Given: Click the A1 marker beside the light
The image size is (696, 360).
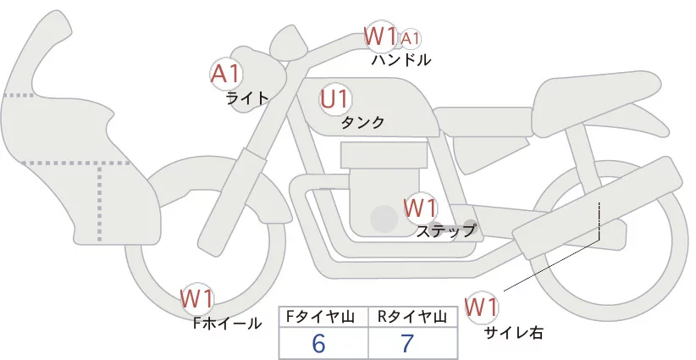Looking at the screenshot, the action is pyautogui.click(x=226, y=74).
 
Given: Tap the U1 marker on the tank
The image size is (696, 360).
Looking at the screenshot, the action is pyautogui.click(x=335, y=99).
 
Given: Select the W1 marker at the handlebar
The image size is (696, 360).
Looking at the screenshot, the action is pyautogui.click(x=380, y=36).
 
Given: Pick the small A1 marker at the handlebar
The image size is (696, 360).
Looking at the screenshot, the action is pyautogui.click(x=410, y=38).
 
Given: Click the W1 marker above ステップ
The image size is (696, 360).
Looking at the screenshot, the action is pyautogui.click(x=420, y=208).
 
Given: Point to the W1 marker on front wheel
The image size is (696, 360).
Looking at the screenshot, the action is pyautogui.click(x=197, y=299).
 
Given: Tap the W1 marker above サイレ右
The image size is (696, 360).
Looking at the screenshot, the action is pyautogui.click(x=483, y=306).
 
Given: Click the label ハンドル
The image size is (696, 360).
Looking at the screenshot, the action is pyautogui.click(x=401, y=60).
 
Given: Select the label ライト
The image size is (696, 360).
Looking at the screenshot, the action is pyautogui.click(x=247, y=97).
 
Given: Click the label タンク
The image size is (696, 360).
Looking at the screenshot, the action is pyautogui.click(x=362, y=123).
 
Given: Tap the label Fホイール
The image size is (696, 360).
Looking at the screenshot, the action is pyautogui.click(x=228, y=323).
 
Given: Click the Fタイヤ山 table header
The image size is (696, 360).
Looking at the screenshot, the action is pyautogui.click(x=323, y=317).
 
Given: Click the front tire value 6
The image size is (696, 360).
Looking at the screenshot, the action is pyautogui.click(x=318, y=343).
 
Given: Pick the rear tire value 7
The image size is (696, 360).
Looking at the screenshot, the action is pyautogui.click(x=407, y=343).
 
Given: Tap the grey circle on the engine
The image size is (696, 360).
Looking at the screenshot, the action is pyautogui.click(x=385, y=219).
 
